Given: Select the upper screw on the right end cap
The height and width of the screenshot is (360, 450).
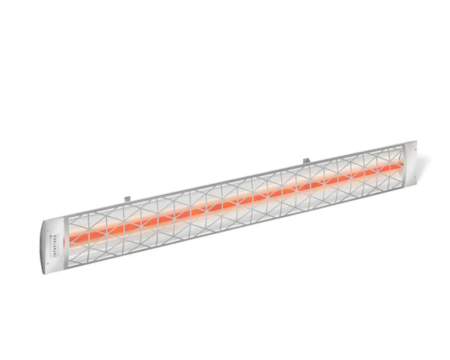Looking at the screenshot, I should coord(406,145).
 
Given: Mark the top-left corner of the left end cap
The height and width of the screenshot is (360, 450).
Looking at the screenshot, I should coord(39,223).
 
